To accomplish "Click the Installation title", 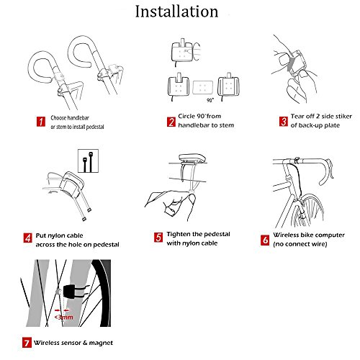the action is (x=177, y=12).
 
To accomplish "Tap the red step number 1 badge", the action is (x=41, y=121).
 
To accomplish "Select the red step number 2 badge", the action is (x=171, y=122).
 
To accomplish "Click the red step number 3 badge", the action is (x=284, y=122).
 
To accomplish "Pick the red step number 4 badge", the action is (x=27, y=238).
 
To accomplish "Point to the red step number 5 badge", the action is (x=158, y=237).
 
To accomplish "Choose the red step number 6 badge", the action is (x=265, y=240).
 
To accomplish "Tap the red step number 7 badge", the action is (x=27, y=343).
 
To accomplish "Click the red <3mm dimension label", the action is (x=63, y=318).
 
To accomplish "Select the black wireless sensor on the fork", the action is (x=71, y=292).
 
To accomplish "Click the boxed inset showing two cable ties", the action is (x=88, y=161).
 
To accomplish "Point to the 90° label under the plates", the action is (x=210, y=100).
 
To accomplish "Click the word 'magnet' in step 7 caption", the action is (x=101, y=343).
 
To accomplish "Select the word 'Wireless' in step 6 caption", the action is (x=286, y=235).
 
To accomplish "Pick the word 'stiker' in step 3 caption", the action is (x=343, y=117).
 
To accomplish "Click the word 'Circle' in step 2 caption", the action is (x=186, y=116).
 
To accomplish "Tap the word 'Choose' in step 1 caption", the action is (x=58, y=118).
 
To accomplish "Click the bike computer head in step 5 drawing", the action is (x=192, y=158).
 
